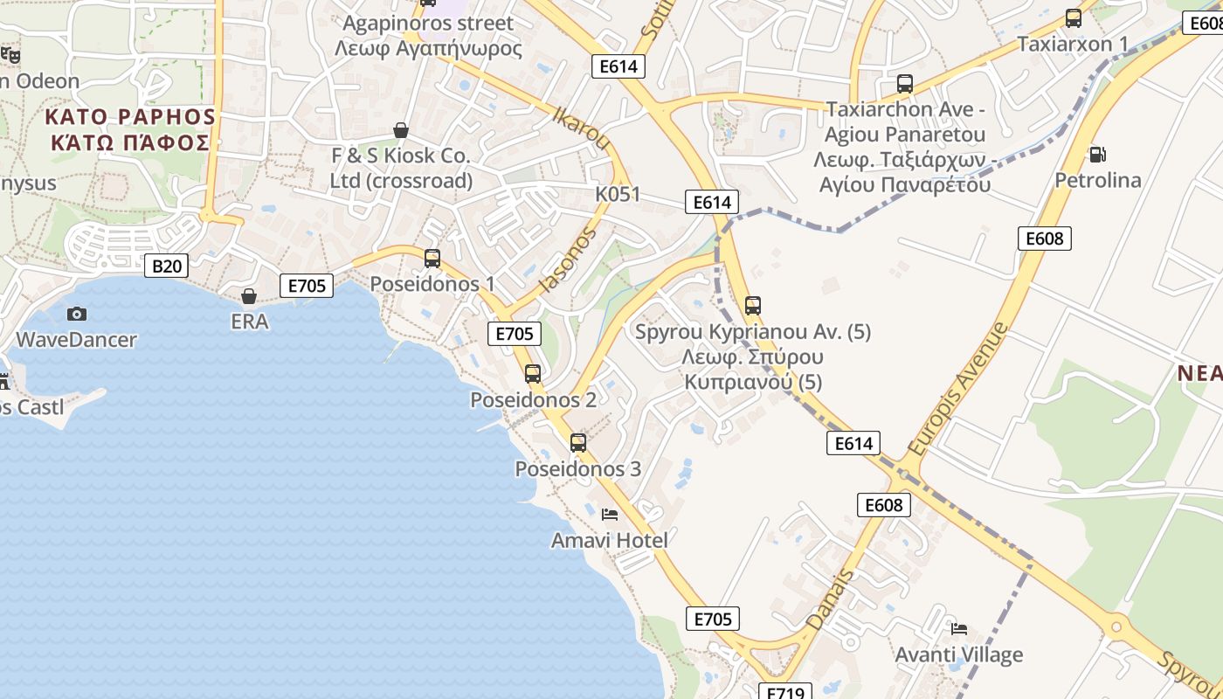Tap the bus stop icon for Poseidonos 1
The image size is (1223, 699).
(432, 259)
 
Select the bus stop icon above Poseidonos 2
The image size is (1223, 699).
(533, 374)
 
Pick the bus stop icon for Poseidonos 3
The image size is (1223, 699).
(578, 443)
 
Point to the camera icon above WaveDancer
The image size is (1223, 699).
(77, 314)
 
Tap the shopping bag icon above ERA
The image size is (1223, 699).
(249, 296)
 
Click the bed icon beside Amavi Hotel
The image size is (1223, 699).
(610, 515)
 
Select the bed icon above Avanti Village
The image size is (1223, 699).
(959, 628)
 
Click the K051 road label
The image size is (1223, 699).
(618, 194)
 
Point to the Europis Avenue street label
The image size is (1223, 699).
(957, 390)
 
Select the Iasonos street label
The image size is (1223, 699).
(568, 260)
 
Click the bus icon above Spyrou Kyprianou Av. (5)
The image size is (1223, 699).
(753, 306)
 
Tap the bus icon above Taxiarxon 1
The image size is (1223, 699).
(1074, 18)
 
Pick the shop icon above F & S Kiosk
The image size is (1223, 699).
(401, 131)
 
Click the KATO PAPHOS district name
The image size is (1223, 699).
(129, 129)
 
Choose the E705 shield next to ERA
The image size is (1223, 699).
(307, 286)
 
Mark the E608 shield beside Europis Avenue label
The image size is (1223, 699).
(1044, 239)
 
